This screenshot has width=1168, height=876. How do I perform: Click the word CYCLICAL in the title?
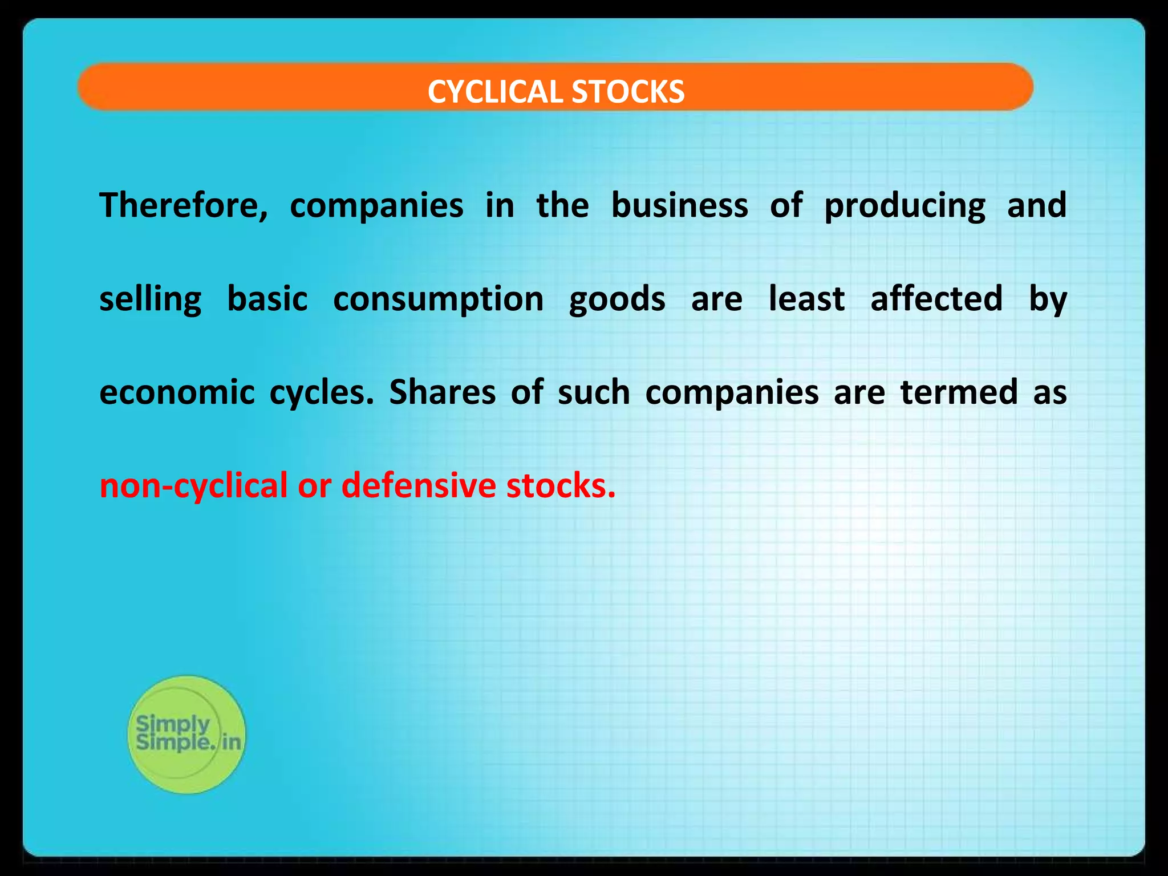point(496,92)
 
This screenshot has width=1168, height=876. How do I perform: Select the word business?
point(679,205)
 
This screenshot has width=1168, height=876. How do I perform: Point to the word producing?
point(905,206)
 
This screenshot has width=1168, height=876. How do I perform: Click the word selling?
point(150,299)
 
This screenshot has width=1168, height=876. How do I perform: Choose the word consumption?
point(438,299)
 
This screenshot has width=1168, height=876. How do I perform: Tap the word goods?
point(617,299)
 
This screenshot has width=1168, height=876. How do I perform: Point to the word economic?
point(177,392)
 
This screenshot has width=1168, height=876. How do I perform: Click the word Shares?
point(442,392)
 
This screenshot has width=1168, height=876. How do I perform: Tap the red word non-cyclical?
point(193,486)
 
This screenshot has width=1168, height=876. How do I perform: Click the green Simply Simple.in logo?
point(186,735)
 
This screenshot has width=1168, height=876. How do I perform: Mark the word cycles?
point(321,394)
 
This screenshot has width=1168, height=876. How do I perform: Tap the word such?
point(594,392)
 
